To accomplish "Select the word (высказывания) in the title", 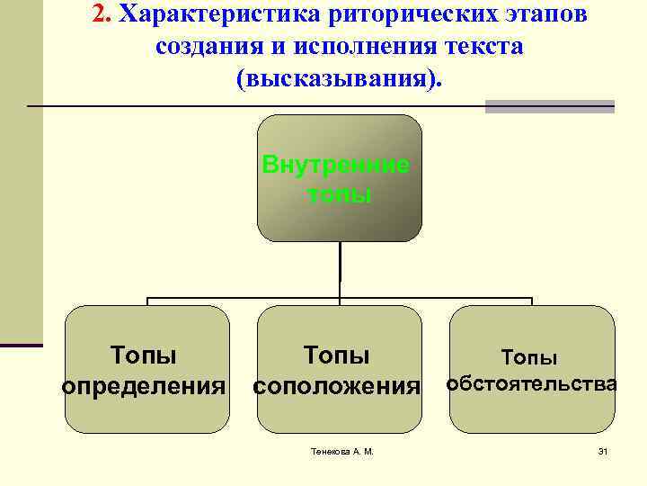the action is pos(339,78).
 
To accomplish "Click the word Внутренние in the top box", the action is pos(336,165).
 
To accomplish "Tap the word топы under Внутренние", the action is pos(339,194).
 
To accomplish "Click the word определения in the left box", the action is pos(143,387).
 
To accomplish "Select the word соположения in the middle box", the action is pos(337,387).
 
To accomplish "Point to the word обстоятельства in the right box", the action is pos(532,384).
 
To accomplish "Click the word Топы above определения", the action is pos(143,355).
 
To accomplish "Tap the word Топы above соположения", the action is pos(337,355).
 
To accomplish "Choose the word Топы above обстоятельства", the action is pos(529,358).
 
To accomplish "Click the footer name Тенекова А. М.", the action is pos(336,451).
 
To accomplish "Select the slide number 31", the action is pos(603,451).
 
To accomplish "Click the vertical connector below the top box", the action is pos(340,268).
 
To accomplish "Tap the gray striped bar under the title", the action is pos(549,106).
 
